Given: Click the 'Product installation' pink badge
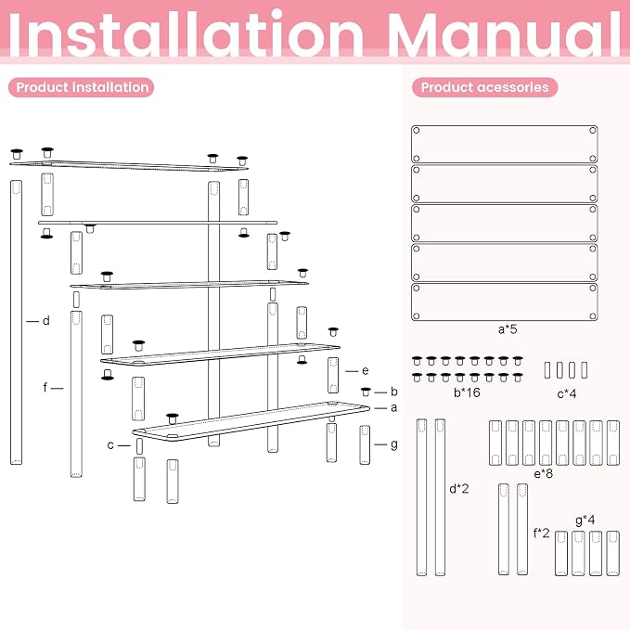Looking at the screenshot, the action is pyautogui.click(x=81, y=87).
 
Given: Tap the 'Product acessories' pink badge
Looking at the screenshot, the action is pyautogui.click(x=485, y=87).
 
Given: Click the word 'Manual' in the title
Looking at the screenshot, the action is pyautogui.click(x=504, y=34).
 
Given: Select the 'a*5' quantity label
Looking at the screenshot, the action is pyautogui.click(x=508, y=329).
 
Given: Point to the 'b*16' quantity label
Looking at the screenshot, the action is pyautogui.click(x=467, y=392).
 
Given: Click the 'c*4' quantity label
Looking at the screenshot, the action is pyautogui.click(x=567, y=393).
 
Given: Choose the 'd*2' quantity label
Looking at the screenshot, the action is pyautogui.click(x=459, y=489).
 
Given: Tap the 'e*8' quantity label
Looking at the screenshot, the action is pyautogui.click(x=543, y=474).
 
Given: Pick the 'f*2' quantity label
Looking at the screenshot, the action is pyautogui.click(x=541, y=534).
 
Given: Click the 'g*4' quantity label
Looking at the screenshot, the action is pyautogui.click(x=585, y=521).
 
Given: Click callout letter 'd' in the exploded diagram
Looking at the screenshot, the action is pyautogui.click(x=46, y=321).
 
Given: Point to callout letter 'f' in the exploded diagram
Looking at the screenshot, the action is pyautogui.click(x=45, y=387).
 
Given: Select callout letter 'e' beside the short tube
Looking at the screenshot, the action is pyautogui.click(x=366, y=370).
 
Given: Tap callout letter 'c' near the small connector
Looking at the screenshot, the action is pyautogui.click(x=110, y=445).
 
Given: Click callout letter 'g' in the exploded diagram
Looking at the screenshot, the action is pyautogui.click(x=394, y=444).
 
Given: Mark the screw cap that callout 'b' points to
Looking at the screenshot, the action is pyautogui.click(x=366, y=392).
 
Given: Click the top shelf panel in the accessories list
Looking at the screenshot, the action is pyautogui.click(x=504, y=144).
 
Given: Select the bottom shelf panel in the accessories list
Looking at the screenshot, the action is pyautogui.click(x=504, y=302).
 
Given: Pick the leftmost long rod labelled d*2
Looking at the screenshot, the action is pyautogui.click(x=421, y=497).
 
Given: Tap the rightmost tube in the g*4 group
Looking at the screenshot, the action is pyautogui.click(x=612, y=553).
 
